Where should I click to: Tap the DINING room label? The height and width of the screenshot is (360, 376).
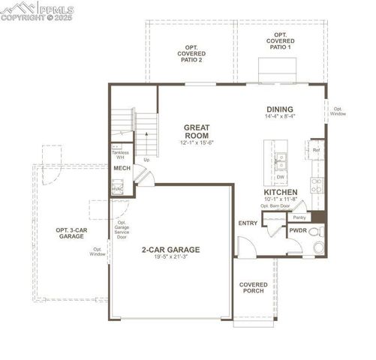coord(278,109)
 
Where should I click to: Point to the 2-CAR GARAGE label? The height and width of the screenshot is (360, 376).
coord(176,249)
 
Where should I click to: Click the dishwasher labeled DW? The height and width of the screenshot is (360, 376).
coord(279,178)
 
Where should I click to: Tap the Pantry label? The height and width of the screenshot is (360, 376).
coord(298,217)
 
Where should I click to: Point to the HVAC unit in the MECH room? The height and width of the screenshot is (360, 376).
coord(118,189)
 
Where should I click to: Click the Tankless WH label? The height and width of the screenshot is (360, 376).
coord(120,155)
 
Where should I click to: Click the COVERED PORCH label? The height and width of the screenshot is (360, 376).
coord(254,289)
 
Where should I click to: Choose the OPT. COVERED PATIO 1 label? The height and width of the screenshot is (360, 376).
coord(281,41)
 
